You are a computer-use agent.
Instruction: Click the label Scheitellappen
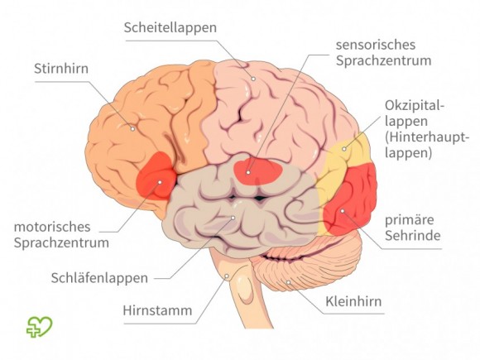(x=170, y=28)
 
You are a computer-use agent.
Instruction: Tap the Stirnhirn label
(x=61, y=69)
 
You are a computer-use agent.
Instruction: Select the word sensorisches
(x=376, y=45)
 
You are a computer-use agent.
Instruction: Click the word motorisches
(x=52, y=227)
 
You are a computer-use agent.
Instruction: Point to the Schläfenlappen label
(x=99, y=278)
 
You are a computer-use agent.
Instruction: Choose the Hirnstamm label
(x=157, y=310)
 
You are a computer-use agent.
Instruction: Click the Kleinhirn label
(x=353, y=301)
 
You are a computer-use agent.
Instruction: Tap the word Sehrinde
(x=413, y=236)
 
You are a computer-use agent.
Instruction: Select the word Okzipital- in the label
(x=415, y=106)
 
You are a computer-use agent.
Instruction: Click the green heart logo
(x=40, y=327)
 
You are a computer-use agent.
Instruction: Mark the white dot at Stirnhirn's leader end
(x=132, y=129)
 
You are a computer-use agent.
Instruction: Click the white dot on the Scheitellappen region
(x=253, y=79)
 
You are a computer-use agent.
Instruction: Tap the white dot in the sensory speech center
(x=248, y=173)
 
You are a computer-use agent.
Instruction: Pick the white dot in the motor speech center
(x=160, y=182)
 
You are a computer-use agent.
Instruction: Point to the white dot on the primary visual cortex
(x=343, y=211)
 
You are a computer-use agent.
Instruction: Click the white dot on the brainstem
(x=227, y=276)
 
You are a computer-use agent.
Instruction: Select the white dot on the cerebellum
(x=288, y=282)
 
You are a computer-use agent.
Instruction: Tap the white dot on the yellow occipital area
(x=344, y=149)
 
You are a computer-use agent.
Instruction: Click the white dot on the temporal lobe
(x=233, y=218)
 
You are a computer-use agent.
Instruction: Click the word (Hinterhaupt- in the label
(x=427, y=137)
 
